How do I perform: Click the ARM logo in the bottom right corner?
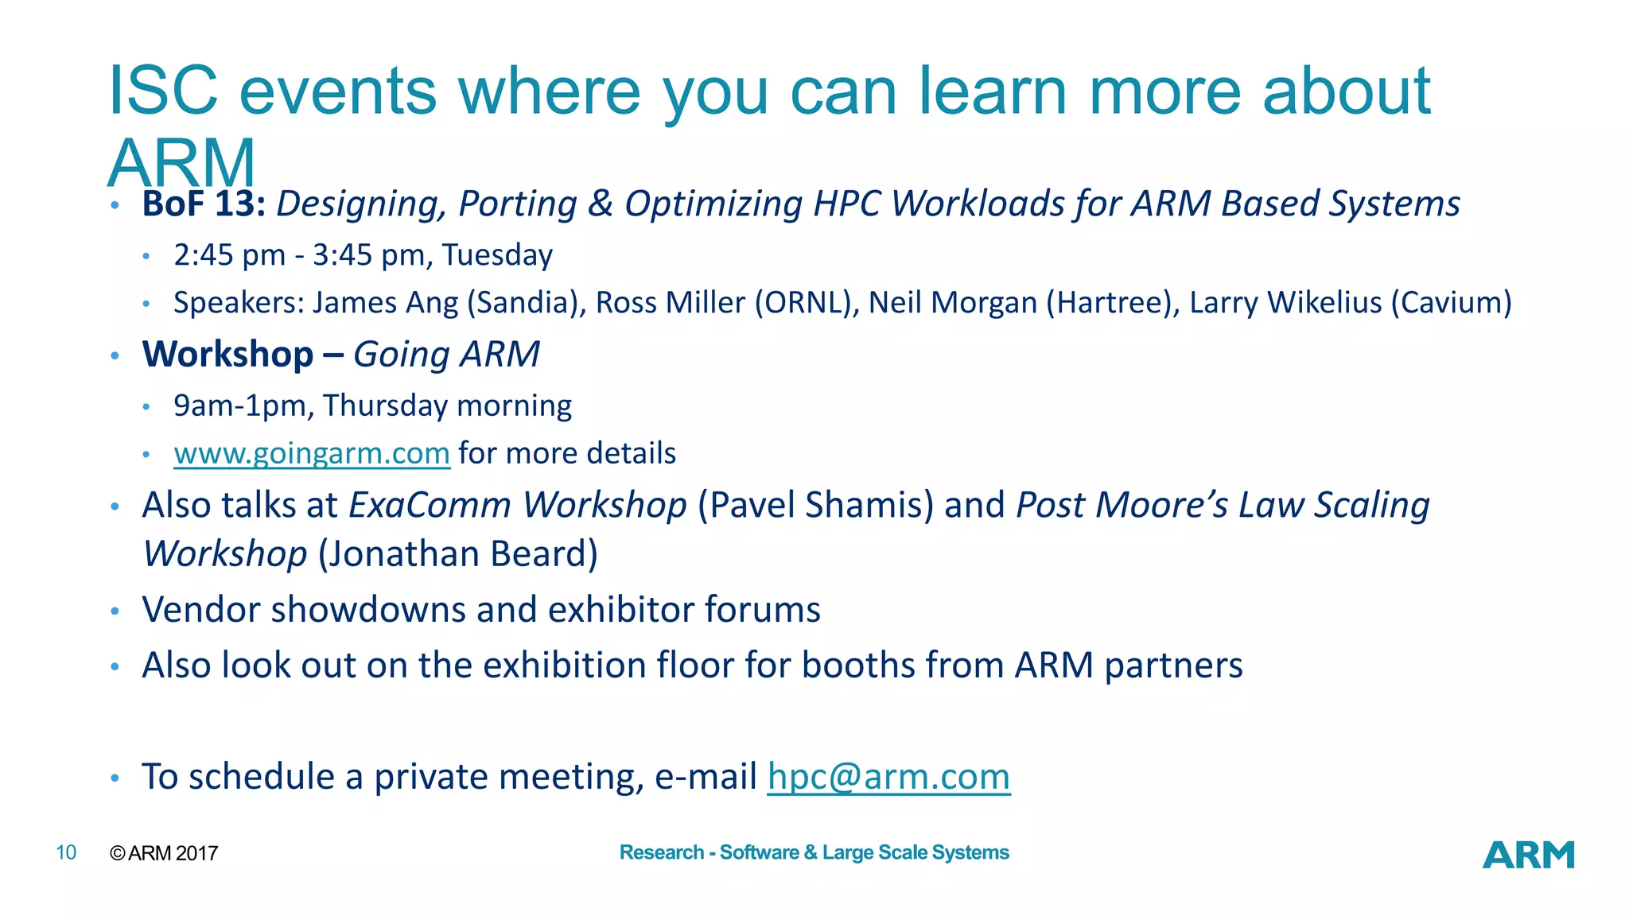(x=1528, y=855)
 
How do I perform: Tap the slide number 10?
(x=66, y=853)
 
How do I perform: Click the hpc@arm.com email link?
(x=888, y=777)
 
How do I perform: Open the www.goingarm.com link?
(x=312, y=453)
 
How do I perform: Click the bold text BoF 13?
(x=204, y=204)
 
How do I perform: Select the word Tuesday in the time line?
(x=497, y=255)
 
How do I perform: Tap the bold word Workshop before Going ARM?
(x=227, y=355)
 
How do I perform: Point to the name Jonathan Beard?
(x=458, y=554)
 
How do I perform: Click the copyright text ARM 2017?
(x=172, y=853)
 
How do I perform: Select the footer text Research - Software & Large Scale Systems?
(x=814, y=852)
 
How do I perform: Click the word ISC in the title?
(x=163, y=91)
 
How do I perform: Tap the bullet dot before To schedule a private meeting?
(x=115, y=778)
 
